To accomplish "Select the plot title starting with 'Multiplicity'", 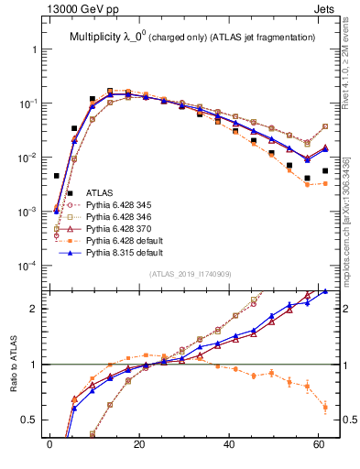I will point(192,37).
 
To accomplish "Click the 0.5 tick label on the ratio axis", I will point(30,420).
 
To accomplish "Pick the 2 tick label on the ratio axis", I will point(34,309).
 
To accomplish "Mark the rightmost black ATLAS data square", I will point(325,170).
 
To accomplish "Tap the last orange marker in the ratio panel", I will point(325,407).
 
